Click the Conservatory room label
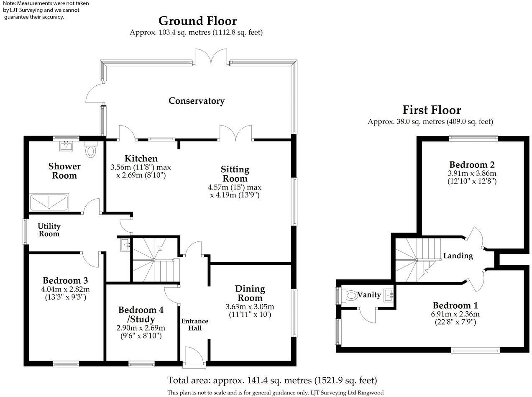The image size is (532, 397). (196, 101)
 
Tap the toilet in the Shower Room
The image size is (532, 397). (90, 150)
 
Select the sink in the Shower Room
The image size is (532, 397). (66, 146)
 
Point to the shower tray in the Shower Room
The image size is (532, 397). (49, 202)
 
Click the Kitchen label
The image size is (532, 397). (141, 159)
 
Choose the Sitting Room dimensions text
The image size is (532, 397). (235, 191)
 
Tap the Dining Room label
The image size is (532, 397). (250, 293)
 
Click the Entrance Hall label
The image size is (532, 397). (194, 325)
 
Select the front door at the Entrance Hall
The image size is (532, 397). (193, 356)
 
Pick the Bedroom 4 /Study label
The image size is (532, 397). (141, 314)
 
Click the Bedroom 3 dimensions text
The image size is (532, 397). (65, 293)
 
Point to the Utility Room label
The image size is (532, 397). (49, 230)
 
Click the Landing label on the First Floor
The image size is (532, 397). (458, 256)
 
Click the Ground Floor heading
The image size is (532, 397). (197, 20)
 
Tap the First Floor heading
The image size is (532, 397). (431, 110)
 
